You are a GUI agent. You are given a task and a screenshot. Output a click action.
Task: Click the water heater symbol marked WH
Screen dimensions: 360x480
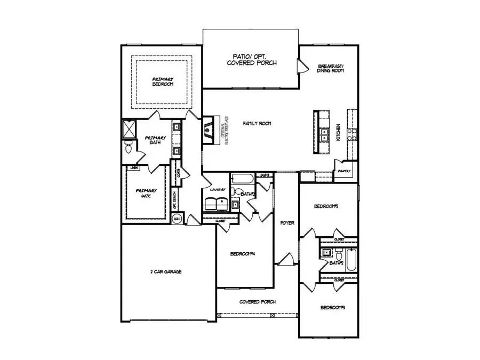pyautogui.click(x=177, y=219)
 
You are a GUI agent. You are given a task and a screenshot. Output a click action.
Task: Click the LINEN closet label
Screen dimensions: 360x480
pyautogui.click(x=134, y=167)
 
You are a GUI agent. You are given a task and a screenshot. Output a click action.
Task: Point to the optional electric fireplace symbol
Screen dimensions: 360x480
pyautogui.click(x=209, y=130)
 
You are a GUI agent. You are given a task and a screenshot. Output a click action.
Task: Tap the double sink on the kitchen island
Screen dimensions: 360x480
pyautogui.click(x=322, y=134)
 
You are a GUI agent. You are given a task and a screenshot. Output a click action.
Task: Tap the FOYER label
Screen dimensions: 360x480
pyautogui.click(x=287, y=223)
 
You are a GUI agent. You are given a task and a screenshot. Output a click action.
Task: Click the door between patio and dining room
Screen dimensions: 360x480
pyautogui.click(x=303, y=66)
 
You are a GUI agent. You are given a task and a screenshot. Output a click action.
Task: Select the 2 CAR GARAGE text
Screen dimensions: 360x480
pyautogui.click(x=165, y=271)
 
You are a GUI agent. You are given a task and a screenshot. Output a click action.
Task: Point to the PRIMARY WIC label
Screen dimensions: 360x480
pyautogui.click(x=146, y=194)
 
